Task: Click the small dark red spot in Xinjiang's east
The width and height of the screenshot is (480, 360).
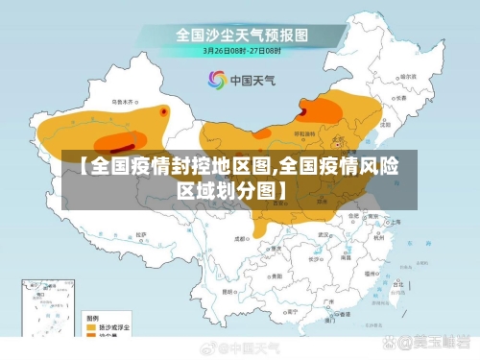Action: tap(164, 112)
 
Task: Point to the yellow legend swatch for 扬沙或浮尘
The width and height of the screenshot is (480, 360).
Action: tap(93, 327)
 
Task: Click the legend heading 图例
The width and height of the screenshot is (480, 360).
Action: tap(92, 316)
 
